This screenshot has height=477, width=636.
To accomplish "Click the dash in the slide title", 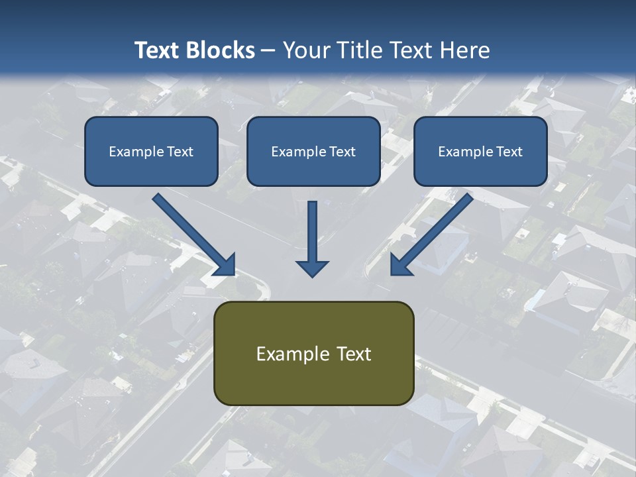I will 268,51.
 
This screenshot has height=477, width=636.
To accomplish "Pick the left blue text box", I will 151,151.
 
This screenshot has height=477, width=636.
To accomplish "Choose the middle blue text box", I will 313,151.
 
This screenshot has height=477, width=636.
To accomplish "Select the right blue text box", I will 480,151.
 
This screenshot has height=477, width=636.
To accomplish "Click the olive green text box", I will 313,353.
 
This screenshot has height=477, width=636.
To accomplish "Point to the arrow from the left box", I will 189,229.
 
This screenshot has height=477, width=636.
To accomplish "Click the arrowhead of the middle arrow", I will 312,268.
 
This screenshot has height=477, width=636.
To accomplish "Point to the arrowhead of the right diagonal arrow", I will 399,265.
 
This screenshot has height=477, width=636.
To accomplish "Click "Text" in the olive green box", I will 354,354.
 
